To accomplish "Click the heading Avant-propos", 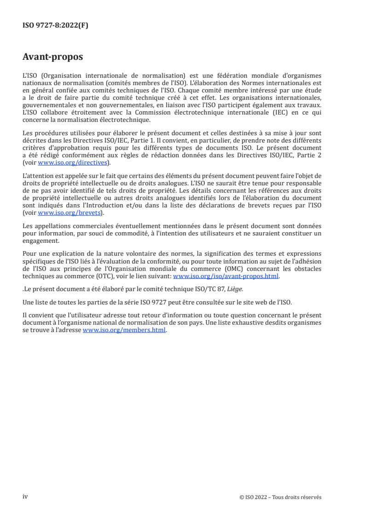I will pos(53,58).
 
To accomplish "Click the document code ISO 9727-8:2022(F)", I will pos(55,26).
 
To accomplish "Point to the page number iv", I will pos(26,497).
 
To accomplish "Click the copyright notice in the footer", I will pos(280,497).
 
